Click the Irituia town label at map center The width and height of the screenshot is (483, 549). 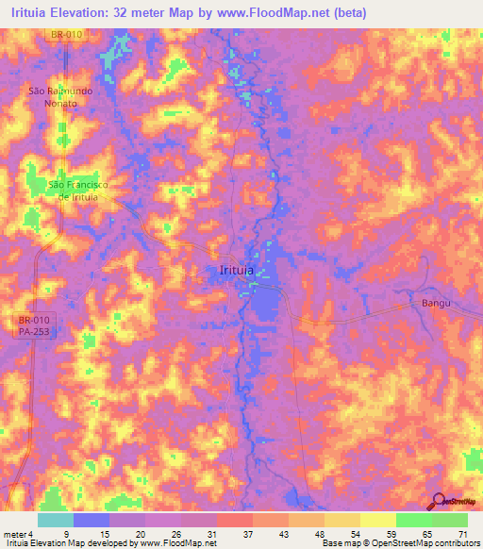pyautogui.click(x=236, y=271)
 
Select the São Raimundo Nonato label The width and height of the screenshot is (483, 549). pyautogui.click(x=58, y=97)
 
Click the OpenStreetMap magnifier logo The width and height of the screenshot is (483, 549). pyautogui.click(x=439, y=501)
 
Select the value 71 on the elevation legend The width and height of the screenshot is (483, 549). pyautogui.click(x=462, y=533)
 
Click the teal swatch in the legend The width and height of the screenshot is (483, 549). pyautogui.click(x=56, y=520)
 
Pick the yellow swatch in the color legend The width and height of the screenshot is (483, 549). pyautogui.click(x=377, y=520)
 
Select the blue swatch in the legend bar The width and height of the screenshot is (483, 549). pyautogui.click(x=92, y=520)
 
